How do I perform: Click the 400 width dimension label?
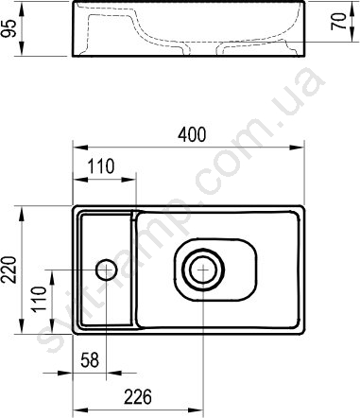pyautogui.click(x=192, y=134)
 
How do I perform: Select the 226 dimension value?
pyautogui.click(x=138, y=397)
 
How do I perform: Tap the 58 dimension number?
pyautogui.click(x=90, y=360)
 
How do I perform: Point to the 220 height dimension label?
pyautogui.click(x=9, y=270)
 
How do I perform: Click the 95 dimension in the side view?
pyautogui.click(x=9, y=28)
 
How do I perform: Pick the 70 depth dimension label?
pyautogui.click(x=338, y=22)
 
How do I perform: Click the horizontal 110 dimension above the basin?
pyautogui.click(x=100, y=166)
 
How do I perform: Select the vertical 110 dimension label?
pyautogui.click(x=40, y=299)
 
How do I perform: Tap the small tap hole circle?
pyautogui.click(x=107, y=270)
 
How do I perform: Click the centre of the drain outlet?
pyautogui.click(x=204, y=270)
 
